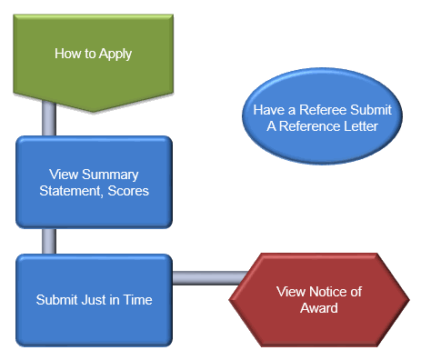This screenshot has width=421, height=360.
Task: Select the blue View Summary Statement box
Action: (94, 182)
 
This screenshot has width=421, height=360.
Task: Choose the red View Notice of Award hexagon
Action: (306, 299)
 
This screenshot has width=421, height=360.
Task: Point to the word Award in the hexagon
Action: (306, 308)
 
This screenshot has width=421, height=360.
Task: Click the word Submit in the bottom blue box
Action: (56, 299)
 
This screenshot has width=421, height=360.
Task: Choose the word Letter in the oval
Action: (357, 125)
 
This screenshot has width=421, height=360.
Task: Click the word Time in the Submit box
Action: (135, 299)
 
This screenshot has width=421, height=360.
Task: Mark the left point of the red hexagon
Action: (230, 299)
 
